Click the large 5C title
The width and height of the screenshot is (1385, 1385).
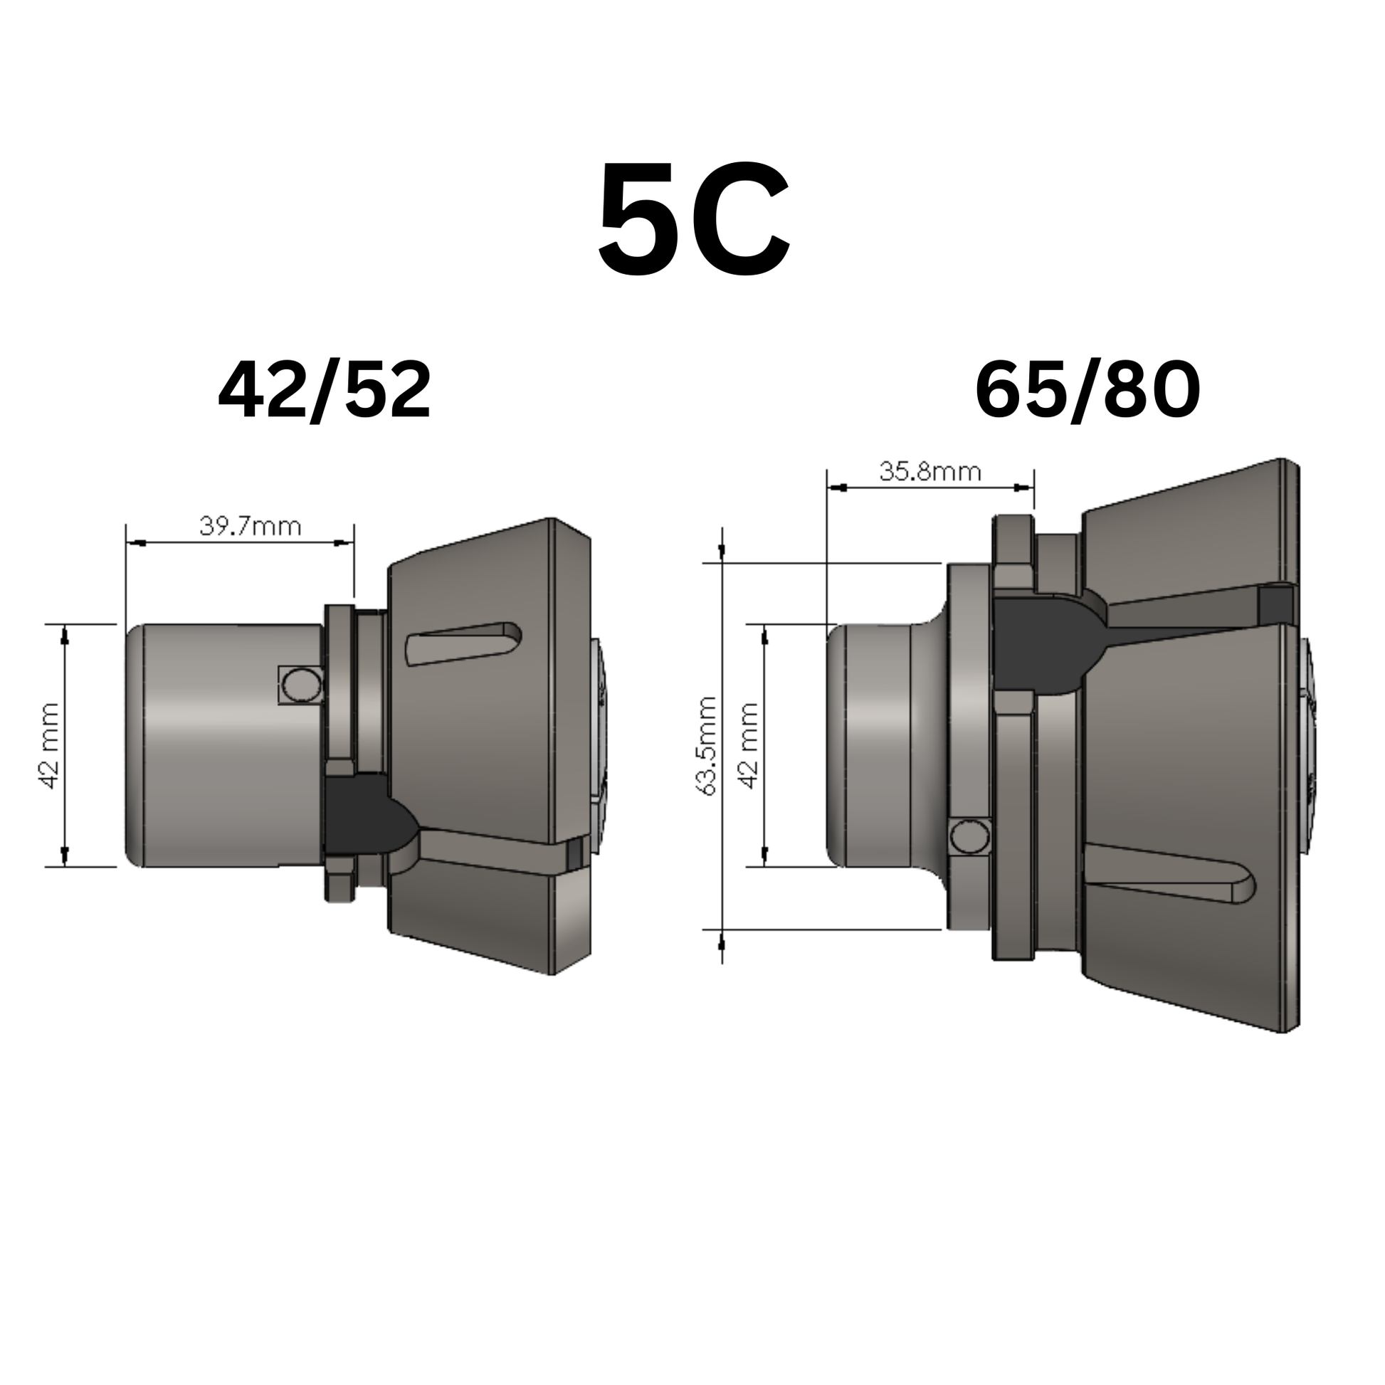point(694,219)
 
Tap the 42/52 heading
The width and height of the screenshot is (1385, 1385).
point(324,391)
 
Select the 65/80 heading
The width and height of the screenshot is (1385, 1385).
point(1088,391)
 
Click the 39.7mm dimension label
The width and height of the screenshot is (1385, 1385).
point(251,527)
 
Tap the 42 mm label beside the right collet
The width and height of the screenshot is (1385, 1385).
point(749,746)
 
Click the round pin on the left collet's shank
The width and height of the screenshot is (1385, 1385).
point(299,685)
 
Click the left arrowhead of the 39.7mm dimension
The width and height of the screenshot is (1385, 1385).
point(137,542)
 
